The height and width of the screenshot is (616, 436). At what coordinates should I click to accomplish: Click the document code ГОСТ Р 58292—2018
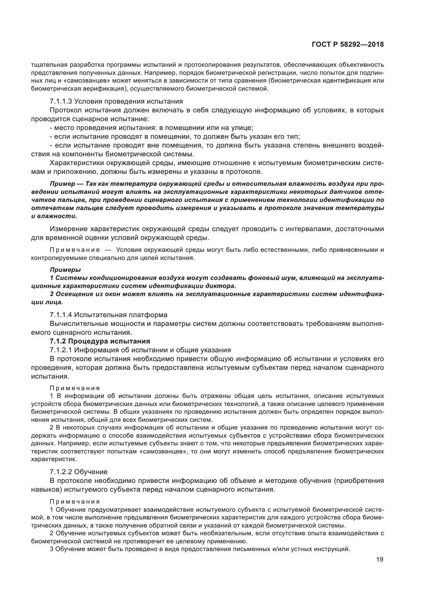pyautogui.click(x=347, y=45)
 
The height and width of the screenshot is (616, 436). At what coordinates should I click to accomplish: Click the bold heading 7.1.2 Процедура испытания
pyautogui.click(x=100, y=341)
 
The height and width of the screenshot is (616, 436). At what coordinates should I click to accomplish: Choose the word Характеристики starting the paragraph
pyautogui.click(x=75, y=163)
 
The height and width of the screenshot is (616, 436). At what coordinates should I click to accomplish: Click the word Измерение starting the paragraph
pyautogui.click(x=69, y=229)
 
